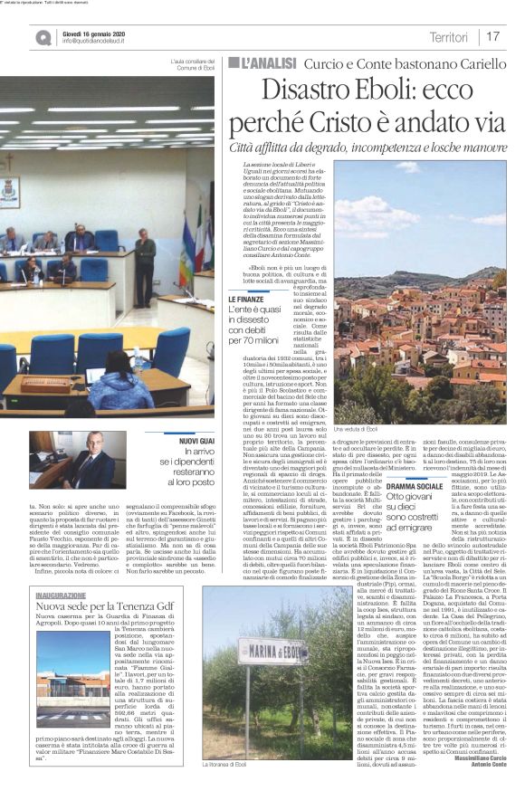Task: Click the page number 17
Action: (x=493, y=37)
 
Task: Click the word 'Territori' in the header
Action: (x=448, y=37)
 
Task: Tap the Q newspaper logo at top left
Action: (x=43, y=37)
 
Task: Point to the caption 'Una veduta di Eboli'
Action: (x=358, y=429)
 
